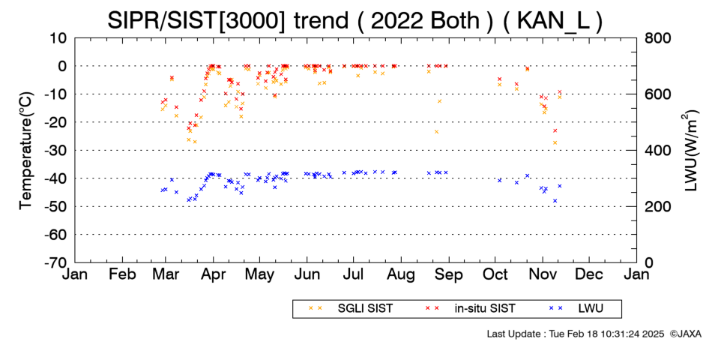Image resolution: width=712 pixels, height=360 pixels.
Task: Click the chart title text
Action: click(x=355, y=20)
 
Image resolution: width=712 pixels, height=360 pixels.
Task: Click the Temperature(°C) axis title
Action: click(x=26, y=151)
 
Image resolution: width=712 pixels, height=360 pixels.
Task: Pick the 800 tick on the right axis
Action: click(x=657, y=38)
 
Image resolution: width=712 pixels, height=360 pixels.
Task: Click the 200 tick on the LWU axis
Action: click(x=657, y=207)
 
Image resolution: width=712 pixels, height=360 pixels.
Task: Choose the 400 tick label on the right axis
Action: click(x=657, y=151)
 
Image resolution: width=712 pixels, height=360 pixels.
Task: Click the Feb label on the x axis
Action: click(x=123, y=274)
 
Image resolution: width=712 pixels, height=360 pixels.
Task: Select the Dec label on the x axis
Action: click(x=589, y=274)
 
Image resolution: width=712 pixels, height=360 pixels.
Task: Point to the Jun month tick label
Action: click(x=307, y=274)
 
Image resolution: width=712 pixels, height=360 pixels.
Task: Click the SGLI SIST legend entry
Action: click(x=351, y=309)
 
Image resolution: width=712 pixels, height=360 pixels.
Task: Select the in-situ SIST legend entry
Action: click(x=470, y=309)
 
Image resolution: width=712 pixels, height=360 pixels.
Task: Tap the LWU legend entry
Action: click(x=576, y=309)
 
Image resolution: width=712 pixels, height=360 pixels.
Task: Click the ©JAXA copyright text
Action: click(x=685, y=334)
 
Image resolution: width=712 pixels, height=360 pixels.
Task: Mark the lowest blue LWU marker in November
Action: click(x=555, y=201)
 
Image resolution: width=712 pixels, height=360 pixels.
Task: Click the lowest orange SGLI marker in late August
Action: click(x=436, y=132)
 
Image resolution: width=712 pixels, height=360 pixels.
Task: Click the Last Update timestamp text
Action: click(x=576, y=334)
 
